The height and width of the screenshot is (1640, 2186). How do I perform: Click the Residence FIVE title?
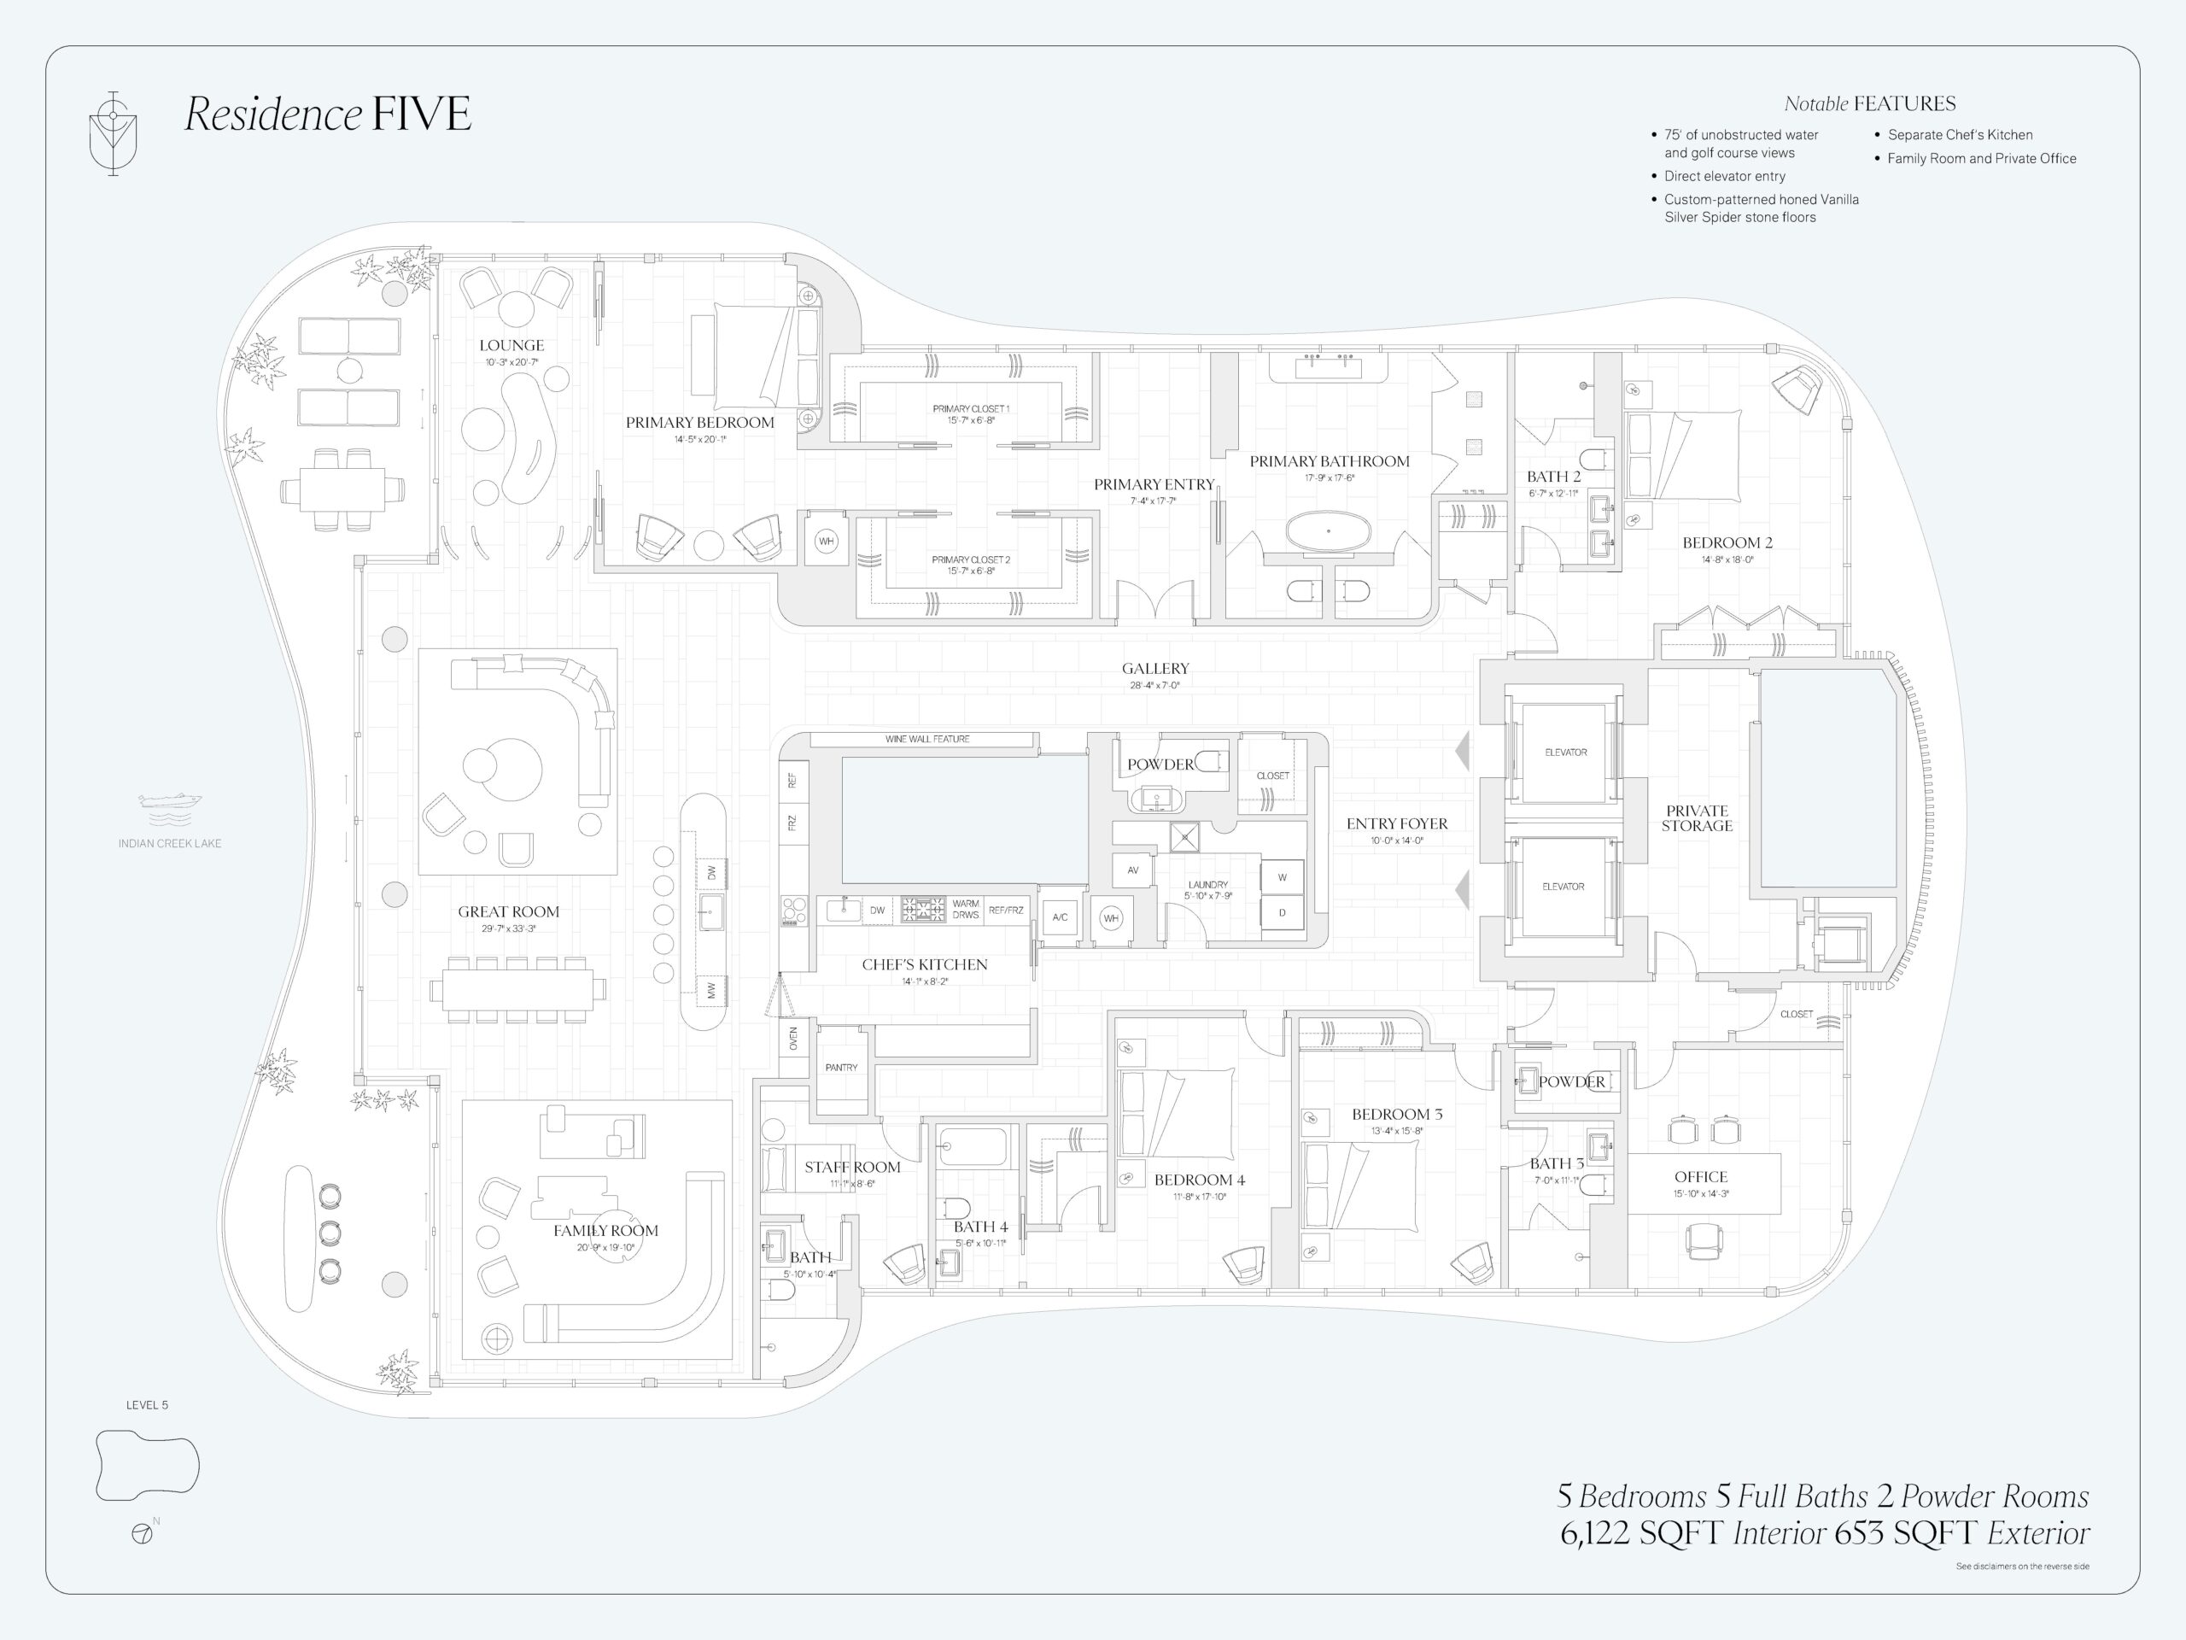328,114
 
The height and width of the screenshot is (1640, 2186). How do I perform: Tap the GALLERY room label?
1155,668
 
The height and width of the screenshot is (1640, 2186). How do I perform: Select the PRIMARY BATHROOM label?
1330,460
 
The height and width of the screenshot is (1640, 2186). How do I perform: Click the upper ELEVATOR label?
1565,753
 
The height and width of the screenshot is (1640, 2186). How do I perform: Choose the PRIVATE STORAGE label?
1697,817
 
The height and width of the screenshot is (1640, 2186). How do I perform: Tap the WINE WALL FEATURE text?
927,739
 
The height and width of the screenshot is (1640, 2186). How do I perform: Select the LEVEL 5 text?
147,1405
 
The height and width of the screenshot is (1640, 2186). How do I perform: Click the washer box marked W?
1282,877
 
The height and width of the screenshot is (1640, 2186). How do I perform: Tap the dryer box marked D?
1282,912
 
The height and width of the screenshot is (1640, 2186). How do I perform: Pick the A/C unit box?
1060,917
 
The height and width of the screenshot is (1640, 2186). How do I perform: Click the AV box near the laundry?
1132,870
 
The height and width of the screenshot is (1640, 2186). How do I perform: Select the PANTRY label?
842,1067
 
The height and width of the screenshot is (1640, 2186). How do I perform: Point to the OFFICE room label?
1701,1176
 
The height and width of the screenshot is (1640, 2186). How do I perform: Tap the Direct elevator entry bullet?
1725,176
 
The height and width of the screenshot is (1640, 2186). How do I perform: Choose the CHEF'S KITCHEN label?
924,963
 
